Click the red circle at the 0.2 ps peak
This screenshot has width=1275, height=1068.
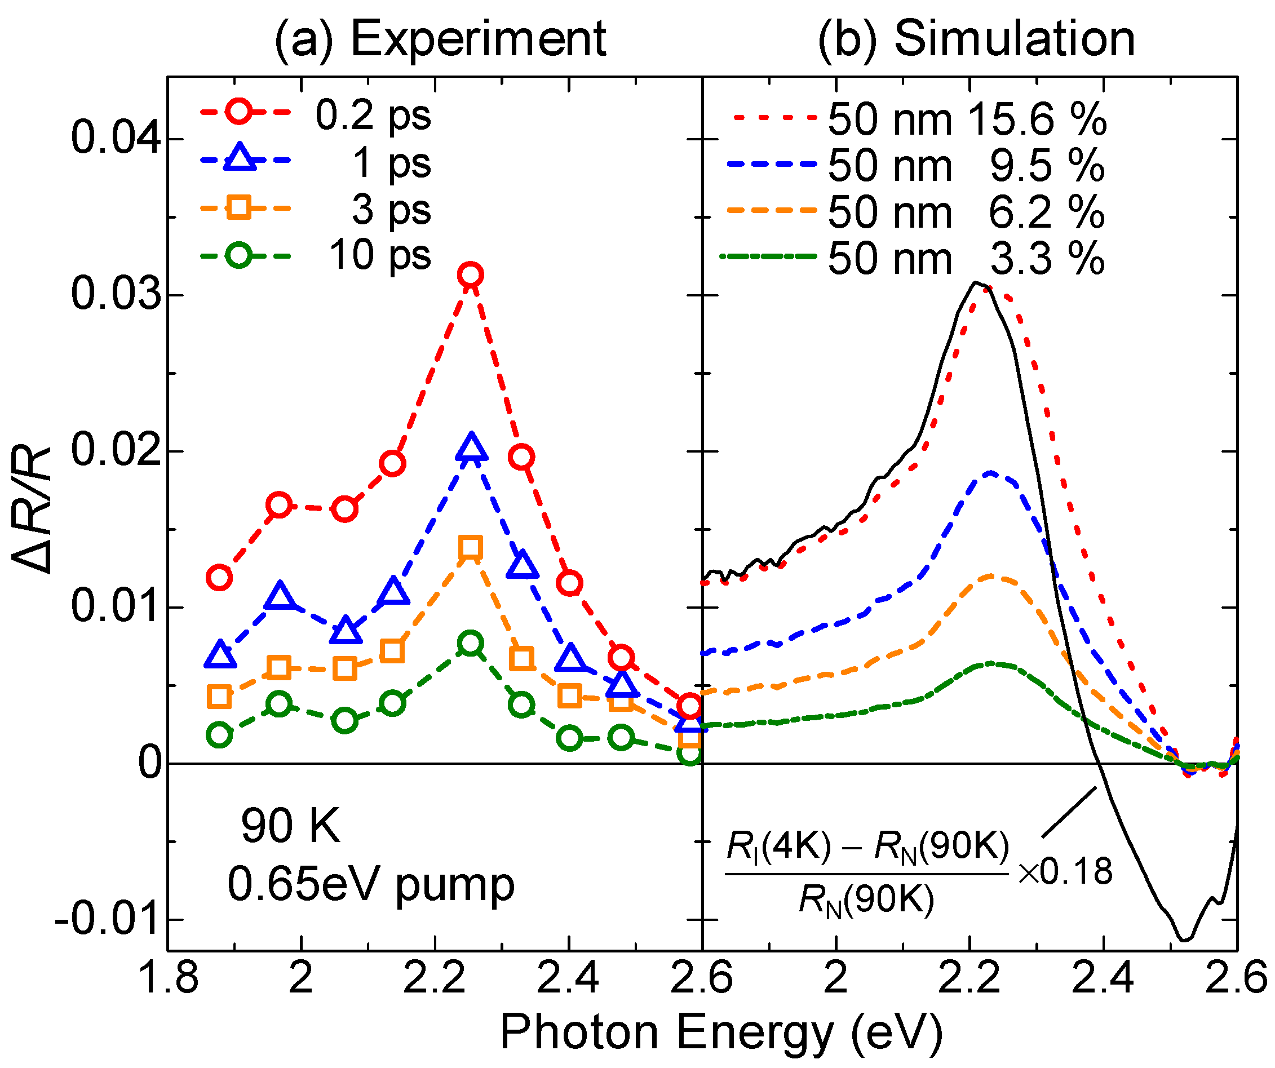pyautogui.click(x=471, y=275)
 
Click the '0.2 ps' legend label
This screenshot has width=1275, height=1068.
pyautogui.click(x=373, y=115)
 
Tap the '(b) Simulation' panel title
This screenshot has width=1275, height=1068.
pyautogui.click(x=976, y=39)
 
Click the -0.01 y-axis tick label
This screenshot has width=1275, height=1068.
pyautogui.click(x=109, y=919)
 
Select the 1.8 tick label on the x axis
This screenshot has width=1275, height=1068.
pyautogui.click(x=168, y=978)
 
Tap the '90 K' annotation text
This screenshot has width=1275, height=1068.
pyautogui.click(x=291, y=826)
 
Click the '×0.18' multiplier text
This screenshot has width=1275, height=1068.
pyautogui.click(x=1065, y=871)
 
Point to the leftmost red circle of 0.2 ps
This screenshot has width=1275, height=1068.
pyautogui.click(x=219, y=578)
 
